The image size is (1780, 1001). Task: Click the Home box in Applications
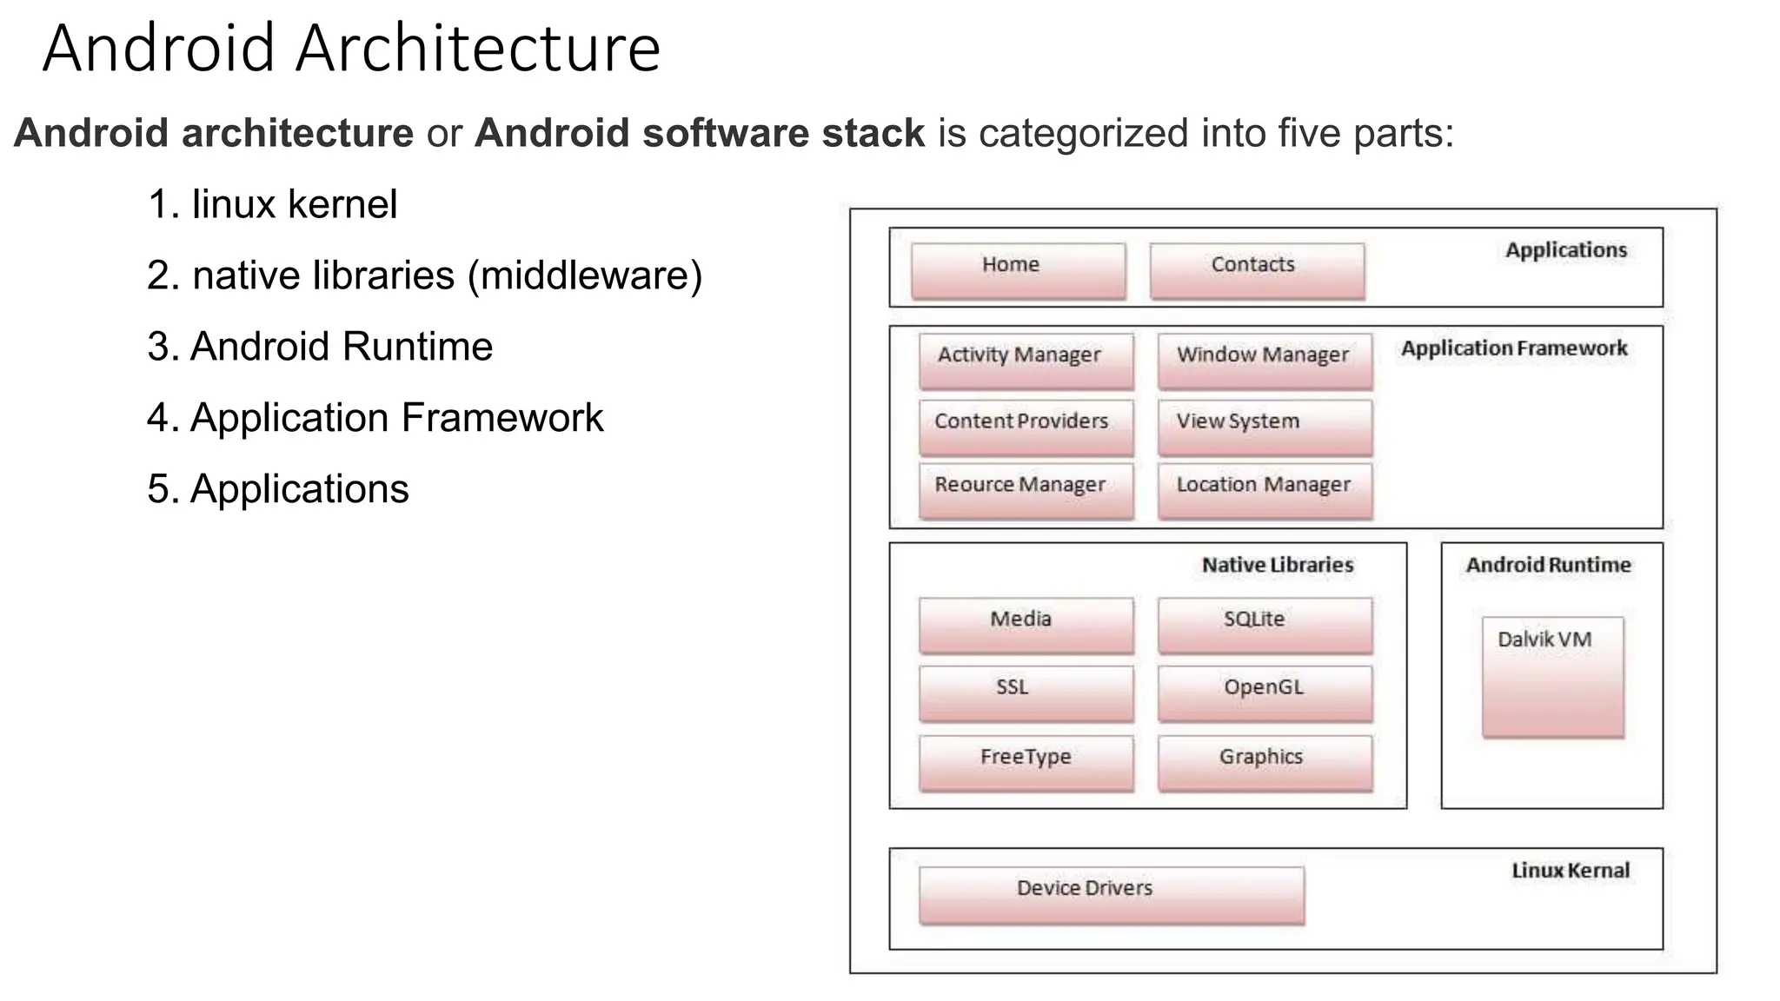[1018, 271]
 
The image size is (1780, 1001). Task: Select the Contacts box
[1257, 271]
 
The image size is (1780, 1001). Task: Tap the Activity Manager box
[1026, 361]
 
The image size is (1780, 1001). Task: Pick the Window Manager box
[1265, 361]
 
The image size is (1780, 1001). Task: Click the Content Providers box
[1026, 428]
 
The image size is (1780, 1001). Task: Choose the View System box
[1265, 428]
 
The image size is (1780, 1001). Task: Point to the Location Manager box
[1265, 491]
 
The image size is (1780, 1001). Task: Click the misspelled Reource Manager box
[1026, 491]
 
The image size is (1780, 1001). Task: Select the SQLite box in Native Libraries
[1265, 625]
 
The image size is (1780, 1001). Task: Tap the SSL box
[1026, 693]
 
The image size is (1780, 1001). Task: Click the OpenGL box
[1265, 693]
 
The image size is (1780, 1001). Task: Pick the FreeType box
[1026, 763]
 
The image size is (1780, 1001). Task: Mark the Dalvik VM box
[1552, 677]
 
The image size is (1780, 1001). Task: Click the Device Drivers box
[1112, 895]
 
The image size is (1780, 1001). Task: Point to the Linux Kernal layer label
[1570, 871]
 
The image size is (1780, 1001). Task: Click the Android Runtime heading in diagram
[1548, 565]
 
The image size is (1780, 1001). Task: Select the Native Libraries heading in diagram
[1277, 565]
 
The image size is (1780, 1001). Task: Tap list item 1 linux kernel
[272, 205]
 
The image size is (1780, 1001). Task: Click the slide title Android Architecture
[351, 49]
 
